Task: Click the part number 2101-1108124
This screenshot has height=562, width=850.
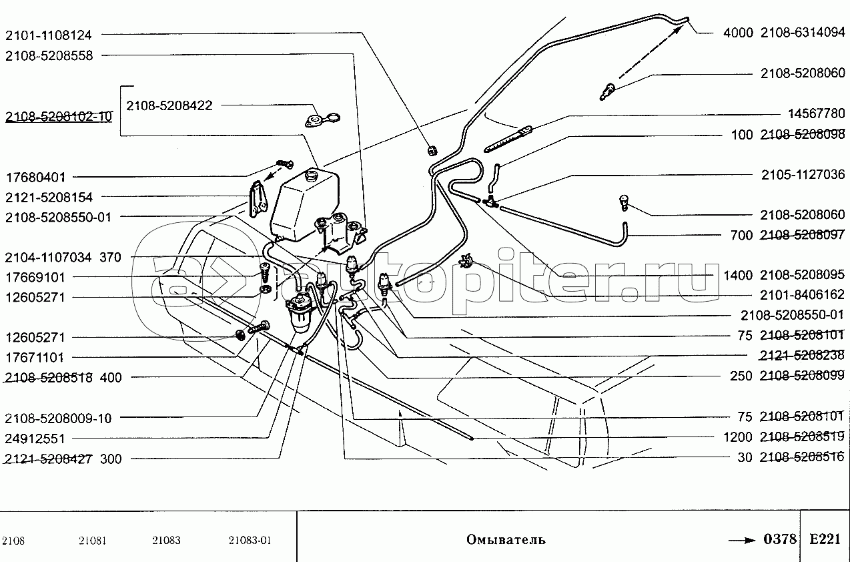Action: (49, 34)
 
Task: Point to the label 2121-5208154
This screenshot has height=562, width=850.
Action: (49, 198)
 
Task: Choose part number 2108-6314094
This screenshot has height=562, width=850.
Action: (803, 32)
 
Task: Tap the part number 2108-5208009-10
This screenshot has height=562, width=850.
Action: (58, 418)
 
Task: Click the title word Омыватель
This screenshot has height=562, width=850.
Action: (506, 539)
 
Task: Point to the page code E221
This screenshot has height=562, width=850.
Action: (825, 539)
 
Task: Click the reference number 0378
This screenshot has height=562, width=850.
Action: (780, 539)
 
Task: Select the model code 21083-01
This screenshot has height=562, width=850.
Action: (250, 541)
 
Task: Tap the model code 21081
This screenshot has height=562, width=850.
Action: (92, 541)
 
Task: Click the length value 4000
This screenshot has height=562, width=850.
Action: (738, 32)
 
